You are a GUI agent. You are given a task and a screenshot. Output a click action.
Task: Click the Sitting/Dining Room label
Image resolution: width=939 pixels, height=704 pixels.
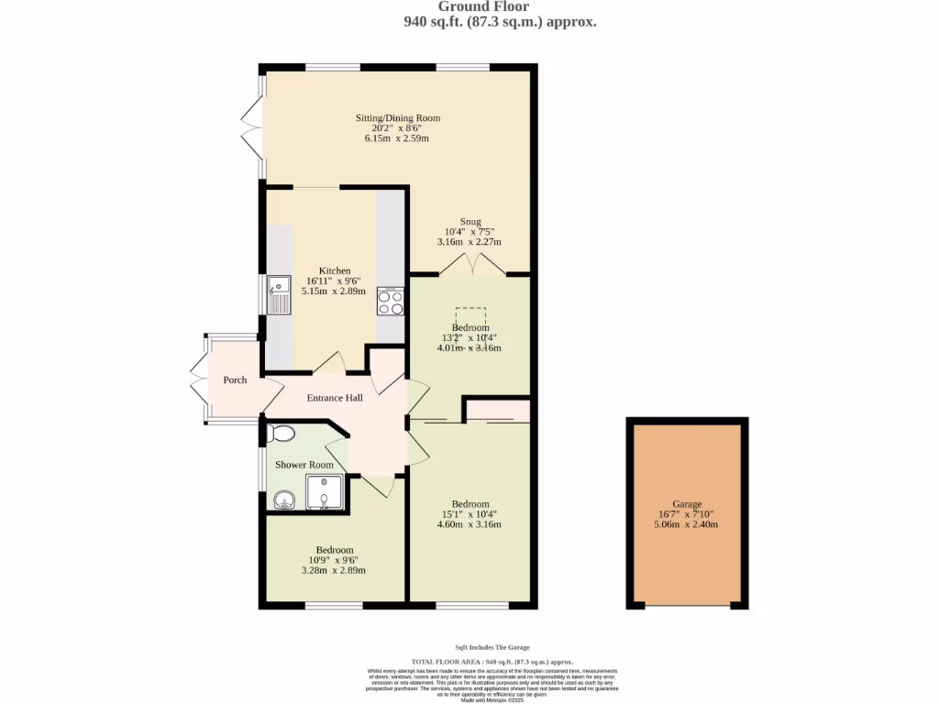(x=398, y=118)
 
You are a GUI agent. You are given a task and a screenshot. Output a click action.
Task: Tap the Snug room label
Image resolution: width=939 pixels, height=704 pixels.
(x=470, y=221)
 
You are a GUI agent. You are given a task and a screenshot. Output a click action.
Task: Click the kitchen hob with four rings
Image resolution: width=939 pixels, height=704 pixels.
(x=391, y=302)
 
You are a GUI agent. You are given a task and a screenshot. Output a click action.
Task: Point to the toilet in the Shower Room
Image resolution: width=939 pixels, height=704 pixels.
(x=282, y=433)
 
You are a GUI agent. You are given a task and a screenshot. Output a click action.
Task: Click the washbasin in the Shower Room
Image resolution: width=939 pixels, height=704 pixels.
(x=283, y=500)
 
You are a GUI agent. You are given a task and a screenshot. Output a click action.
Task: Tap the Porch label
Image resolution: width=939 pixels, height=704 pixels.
(x=235, y=379)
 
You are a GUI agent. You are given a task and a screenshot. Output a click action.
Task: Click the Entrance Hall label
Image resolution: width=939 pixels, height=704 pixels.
(x=335, y=398)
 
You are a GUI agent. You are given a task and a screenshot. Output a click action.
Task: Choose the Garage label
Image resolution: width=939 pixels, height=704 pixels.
(x=687, y=504)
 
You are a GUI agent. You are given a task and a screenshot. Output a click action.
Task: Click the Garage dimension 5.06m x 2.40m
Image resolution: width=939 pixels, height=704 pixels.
(x=687, y=525)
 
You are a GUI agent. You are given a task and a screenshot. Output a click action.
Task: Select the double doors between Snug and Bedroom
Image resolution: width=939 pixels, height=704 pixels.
(x=470, y=266)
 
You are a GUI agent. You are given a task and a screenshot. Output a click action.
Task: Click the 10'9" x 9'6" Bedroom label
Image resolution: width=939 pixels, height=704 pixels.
(x=335, y=550)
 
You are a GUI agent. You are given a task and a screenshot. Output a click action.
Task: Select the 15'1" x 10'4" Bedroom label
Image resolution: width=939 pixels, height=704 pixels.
(x=469, y=504)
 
